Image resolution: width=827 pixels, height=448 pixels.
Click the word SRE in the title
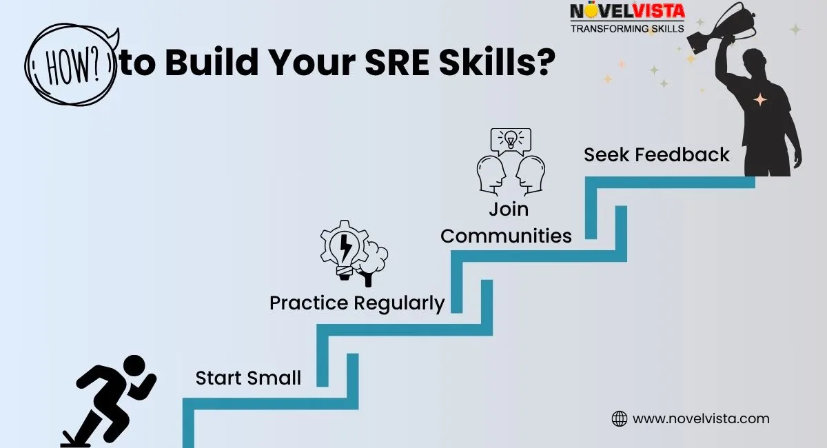click(x=397, y=61)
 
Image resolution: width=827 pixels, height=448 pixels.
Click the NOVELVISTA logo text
click(x=627, y=11)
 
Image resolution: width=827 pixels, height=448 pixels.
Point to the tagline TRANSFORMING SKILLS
click(x=627, y=28)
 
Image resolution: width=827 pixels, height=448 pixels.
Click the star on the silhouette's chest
click(x=760, y=100)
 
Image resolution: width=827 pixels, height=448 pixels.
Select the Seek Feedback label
click(x=656, y=154)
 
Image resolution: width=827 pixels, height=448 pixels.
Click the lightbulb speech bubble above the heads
click(x=511, y=141)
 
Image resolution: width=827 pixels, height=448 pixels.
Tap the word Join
click(x=509, y=210)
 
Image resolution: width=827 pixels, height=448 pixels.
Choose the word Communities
click(x=506, y=236)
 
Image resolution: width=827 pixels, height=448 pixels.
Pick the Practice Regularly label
click(x=357, y=303)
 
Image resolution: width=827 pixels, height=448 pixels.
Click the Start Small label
click(x=248, y=378)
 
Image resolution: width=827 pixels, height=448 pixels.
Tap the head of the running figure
click(x=134, y=366)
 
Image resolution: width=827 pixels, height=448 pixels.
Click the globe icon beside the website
click(x=619, y=419)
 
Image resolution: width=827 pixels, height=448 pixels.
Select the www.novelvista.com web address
click(x=701, y=419)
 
